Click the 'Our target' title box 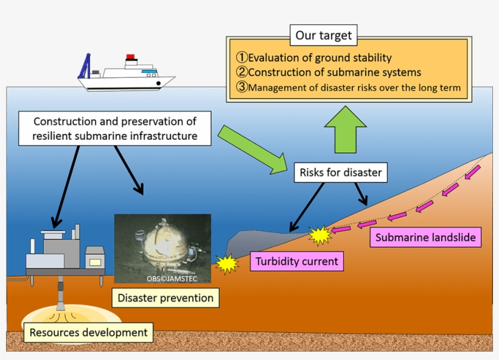(x=323, y=35)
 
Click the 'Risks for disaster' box (x=341, y=173)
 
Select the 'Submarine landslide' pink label (x=425, y=238)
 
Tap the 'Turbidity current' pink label (x=297, y=261)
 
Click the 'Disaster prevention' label (x=166, y=298)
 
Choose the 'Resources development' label (x=88, y=333)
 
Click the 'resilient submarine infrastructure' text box (x=115, y=128)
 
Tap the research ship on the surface (x=128, y=76)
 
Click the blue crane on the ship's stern (x=85, y=65)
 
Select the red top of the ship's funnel (x=130, y=57)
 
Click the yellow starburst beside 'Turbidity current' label (x=227, y=263)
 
